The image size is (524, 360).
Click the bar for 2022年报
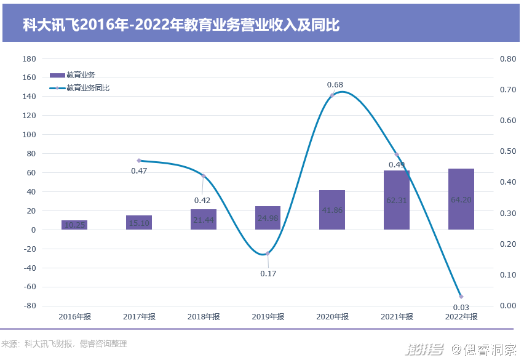tap(461, 199)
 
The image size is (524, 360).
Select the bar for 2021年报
tap(397, 200)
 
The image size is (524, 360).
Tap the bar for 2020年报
tap(332, 210)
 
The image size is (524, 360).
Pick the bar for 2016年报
tap(74, 225)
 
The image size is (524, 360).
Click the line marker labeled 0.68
tap(332, 95)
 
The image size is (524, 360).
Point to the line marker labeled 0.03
tap(461, 297)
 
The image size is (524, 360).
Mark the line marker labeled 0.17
tap(268, 253)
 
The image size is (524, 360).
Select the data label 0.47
tap(139, 170)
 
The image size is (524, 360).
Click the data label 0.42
tap(202, 200)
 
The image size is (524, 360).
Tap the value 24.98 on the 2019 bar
tap(268, 218)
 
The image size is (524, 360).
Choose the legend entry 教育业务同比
tap(88, 88)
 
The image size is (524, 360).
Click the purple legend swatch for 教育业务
tap(57, 75)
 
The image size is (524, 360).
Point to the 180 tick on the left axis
tap(29, 59)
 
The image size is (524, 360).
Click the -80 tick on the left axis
tap(29, 306)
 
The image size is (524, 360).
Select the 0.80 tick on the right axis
tap(507, 59)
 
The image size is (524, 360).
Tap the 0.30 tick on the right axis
tap(507, 214)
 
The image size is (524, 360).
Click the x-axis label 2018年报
tap(204, 317)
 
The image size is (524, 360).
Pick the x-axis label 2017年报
tap(139, 317)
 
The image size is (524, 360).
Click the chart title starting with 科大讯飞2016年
tap(181, 25)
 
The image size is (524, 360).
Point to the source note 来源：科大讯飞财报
tap(64, 344)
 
